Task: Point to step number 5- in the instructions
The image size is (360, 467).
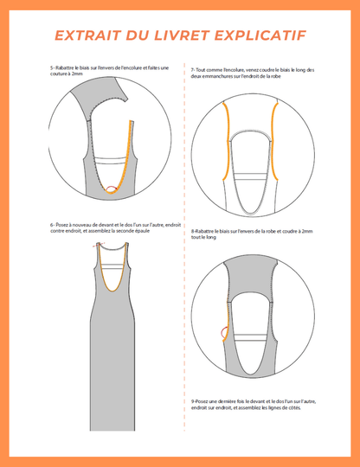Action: point(53,67)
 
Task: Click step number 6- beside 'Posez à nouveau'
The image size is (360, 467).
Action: point(53,226)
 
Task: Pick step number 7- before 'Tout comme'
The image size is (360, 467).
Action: point(192,69)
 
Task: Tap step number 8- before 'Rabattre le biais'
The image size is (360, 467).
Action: point(192,231)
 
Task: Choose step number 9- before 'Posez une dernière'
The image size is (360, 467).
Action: point(192,401)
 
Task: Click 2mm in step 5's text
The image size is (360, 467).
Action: point(79,74)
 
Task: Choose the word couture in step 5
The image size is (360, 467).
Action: point(61,74)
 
